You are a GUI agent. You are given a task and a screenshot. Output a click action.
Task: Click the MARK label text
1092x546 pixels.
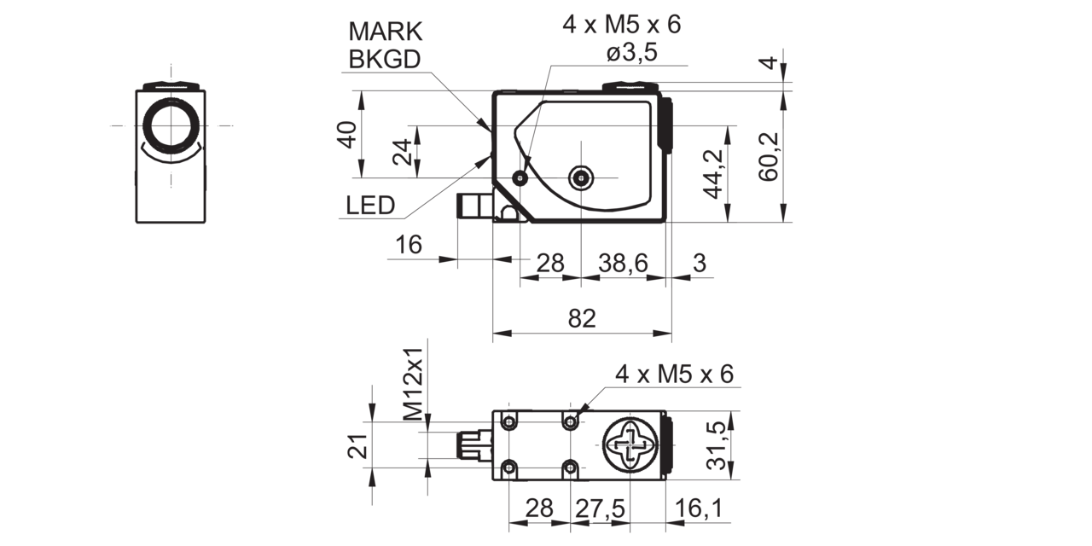click(385, 32)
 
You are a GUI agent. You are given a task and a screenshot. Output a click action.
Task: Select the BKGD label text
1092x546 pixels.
click(385, 60)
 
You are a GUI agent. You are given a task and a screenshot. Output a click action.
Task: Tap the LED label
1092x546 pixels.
click(370, 206)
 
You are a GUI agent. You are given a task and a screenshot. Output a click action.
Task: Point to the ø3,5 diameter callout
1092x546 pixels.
click(632, 53)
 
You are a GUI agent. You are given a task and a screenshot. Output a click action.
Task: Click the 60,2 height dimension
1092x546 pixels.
click(769, 157)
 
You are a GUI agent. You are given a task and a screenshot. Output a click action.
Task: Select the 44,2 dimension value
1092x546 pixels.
click(713, 174)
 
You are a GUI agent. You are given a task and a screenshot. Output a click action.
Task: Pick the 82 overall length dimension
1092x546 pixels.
click(582, 319)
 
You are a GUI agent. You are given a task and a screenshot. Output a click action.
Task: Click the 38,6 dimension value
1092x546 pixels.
click(624, 264)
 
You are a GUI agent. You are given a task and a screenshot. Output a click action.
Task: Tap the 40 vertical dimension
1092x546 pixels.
click(347, 135)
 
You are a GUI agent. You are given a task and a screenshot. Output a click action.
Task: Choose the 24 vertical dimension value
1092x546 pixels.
click(403, 152)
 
